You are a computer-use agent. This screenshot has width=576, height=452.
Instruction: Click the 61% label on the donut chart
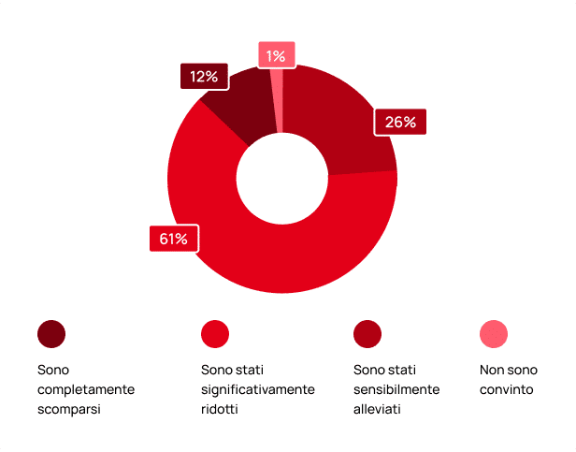click(173, 240)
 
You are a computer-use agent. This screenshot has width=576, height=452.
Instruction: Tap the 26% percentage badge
click(400, 123)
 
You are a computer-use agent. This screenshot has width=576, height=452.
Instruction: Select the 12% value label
click(204, 77)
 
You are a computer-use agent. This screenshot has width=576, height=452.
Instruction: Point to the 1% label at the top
click(276, 56)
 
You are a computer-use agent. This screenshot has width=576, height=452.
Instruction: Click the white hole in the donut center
click(281, 178)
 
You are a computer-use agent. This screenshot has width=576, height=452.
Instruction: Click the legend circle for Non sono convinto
click(493, 334)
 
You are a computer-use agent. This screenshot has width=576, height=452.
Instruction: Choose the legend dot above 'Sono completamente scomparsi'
click(51, 334)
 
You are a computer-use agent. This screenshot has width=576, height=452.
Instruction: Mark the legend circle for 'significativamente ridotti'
click(215, 334)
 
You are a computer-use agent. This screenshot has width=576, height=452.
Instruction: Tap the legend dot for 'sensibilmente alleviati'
click(367, 334)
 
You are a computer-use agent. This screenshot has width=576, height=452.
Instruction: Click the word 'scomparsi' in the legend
click(69, 409)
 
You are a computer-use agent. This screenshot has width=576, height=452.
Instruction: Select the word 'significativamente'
click(258, 389)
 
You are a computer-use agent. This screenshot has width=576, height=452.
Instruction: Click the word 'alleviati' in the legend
click(377, 409)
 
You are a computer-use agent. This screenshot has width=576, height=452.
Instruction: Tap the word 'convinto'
click(507, 389)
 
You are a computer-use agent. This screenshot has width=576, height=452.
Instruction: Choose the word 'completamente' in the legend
click(86, 389)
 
